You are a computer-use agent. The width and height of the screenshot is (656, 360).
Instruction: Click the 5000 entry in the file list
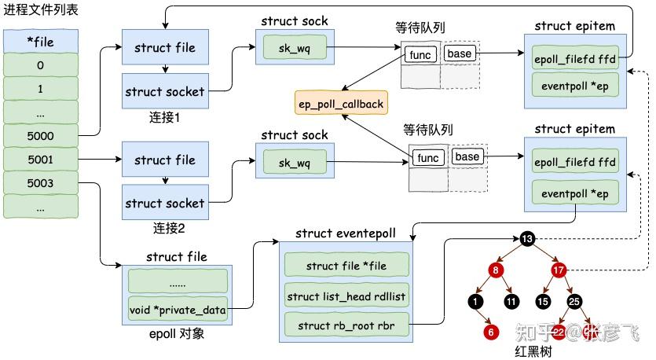pyautogui.click(x=40, y=136)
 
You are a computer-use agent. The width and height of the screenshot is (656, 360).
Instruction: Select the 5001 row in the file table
pyautogui.click(x=40, y=160)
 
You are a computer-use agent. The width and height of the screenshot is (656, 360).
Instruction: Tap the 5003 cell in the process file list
pyautogui.click(x=40, y=182)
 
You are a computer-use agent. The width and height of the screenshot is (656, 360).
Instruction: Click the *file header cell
pyautogui.click(x=40, y=40)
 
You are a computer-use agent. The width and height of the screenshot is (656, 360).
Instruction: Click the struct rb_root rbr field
pyautogui.click(x=346, y=325)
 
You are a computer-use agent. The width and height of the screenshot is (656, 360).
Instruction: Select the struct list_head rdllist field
pyautogui.click(x=346, y=296)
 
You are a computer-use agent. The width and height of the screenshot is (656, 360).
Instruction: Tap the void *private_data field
pyautogui.click(x=178, y=310)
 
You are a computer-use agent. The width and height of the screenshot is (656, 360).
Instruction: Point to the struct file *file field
pyautogui.click(x=346, y=266)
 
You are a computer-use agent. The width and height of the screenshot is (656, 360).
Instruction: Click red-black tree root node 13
pyautogui.click(x=527, y=238)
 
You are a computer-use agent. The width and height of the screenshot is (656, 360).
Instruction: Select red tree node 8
pyautogui.click(x=495, y=271)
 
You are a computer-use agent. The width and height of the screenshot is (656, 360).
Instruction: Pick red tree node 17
pyautogui.click(x=559, y=271)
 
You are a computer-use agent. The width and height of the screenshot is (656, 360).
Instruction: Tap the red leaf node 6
pyautogui.click(x=492, y=332)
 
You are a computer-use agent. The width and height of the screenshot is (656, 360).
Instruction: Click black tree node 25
pyautogui.click(x=574, y=301)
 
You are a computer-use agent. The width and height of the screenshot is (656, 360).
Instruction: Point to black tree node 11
pyautogui.click(x=511, y=301)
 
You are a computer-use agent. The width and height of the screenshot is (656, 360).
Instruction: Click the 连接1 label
pyautogui.click(x=164, y=118)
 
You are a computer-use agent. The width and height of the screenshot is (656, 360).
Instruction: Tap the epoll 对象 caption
pyautogui.click(x=177, y=334)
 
